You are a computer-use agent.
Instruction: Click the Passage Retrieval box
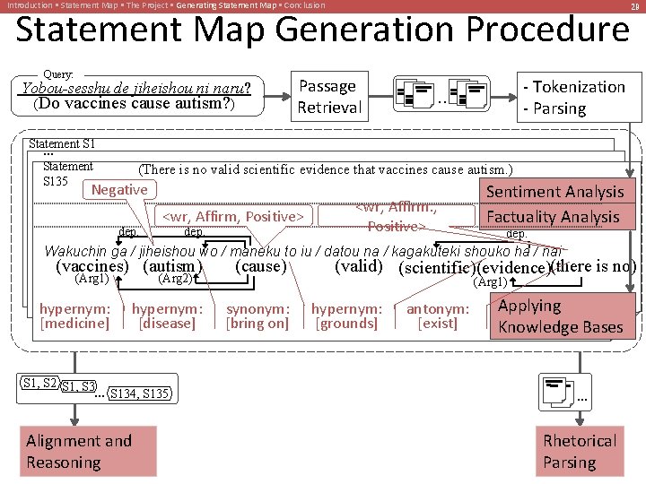coord(329,97)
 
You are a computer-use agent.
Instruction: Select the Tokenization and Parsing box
coord(580,97)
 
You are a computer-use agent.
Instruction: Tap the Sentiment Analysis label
coord(554,192)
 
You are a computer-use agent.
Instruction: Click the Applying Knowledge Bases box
coord(561,316)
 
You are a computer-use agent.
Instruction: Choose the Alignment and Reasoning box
coord(88,451)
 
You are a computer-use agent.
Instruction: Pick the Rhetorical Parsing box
coord(579,451)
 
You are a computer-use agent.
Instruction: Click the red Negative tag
coord(119,190)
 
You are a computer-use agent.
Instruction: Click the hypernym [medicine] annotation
coord(74,315)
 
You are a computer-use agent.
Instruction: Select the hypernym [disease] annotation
coord(167,315)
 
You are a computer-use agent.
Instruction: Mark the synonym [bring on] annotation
coord(258,315)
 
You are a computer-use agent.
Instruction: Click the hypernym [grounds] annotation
coord(346,315)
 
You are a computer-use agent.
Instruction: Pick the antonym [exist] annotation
coord(438,315)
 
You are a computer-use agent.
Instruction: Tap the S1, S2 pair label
coord(39,384)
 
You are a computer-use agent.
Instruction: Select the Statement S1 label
coord(62,143)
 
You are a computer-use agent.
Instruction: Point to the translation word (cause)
coord(260,266)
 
